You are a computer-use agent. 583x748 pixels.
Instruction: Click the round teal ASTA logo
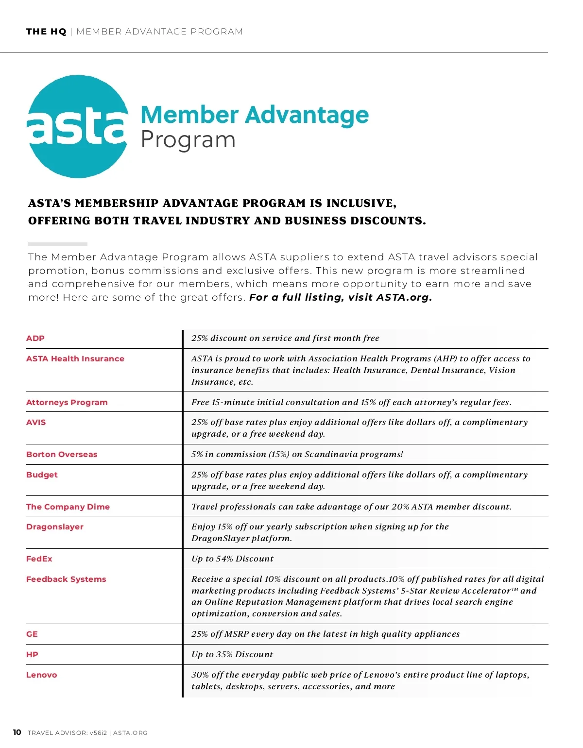click(78, 126)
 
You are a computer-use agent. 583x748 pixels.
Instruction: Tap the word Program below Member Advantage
click(188, 140)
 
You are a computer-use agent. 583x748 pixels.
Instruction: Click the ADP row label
click(35, 339)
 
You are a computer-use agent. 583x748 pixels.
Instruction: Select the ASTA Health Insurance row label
click(75, 359)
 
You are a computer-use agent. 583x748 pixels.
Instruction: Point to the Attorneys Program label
click(67, 403)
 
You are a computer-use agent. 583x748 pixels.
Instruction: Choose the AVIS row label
click(36, 423)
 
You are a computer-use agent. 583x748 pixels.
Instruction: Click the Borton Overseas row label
click(62, 455)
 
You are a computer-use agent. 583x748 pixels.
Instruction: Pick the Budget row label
click(42, 475)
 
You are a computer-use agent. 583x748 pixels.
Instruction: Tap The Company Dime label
click(68, 507)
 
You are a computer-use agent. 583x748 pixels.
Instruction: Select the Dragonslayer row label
click(55, 527)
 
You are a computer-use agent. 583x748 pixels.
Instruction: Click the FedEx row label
click(39, 559)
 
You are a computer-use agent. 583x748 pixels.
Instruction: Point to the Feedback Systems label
click(66, 579)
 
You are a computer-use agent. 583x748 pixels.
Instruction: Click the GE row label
click(32, 634)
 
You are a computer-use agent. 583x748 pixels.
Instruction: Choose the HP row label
click(32, 655)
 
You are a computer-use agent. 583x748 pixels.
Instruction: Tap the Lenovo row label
click(42, 675)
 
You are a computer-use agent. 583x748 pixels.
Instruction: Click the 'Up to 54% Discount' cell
click(232, 559)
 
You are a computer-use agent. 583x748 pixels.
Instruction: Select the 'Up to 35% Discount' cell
click(232, 655)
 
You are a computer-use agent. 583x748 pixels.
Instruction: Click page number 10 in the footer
click(17, 732)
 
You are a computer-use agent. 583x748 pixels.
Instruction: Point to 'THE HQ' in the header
click(46, 32)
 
